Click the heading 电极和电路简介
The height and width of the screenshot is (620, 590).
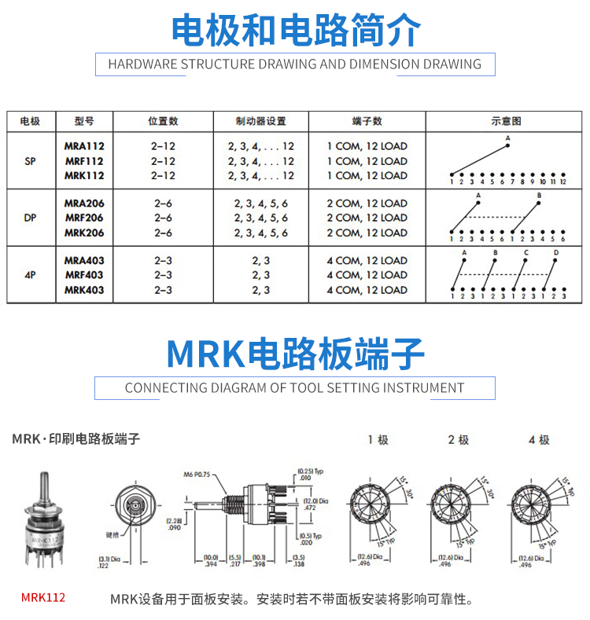click(295, 29)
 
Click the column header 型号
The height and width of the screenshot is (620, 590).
click(84, 121)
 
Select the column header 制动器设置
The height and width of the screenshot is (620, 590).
click(260, 121)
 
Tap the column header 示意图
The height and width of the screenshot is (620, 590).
click(506, 121)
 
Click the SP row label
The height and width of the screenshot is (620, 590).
click(30, 160)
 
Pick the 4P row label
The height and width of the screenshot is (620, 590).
click(30, 275)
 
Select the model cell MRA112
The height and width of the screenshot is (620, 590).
click(84, 146)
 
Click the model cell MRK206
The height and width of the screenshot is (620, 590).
click(84, 233)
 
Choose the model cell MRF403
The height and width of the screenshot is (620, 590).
click(84, 275)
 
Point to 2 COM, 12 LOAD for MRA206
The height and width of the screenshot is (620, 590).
click(367, 204)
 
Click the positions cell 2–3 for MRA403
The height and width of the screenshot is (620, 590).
click(163, 260)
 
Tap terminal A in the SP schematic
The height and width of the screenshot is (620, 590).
click(507, 139)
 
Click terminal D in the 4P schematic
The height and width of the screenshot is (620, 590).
click(555, 253)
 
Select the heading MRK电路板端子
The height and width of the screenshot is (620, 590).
click(295, 354)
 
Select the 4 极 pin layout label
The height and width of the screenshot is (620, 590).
click(539, 440)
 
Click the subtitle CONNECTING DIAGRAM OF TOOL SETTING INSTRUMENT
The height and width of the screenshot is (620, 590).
click(295, 387)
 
